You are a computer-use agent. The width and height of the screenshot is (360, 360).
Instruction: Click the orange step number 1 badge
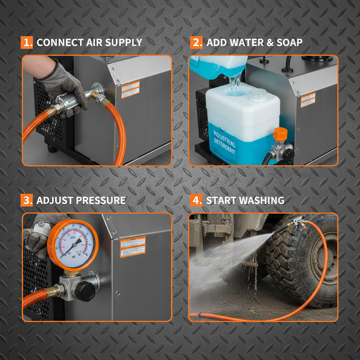click(x=27, y=43)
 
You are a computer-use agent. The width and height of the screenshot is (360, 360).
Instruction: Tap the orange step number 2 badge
click(x=196, y=43)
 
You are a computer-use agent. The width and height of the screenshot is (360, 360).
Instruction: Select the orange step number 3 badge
click(x=27, y=200)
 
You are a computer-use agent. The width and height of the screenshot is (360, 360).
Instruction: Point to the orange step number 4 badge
click(x=196, y=200)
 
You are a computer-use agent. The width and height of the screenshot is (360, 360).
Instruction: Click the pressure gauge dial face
click(x=72, y=245)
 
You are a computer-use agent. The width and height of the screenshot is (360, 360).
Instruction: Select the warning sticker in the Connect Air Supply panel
click(x=130, y=90)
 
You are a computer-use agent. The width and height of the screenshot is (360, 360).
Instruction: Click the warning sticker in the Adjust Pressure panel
click(x=133, y=246)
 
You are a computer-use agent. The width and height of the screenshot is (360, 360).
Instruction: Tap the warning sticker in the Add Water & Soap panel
click(x=308, y=100)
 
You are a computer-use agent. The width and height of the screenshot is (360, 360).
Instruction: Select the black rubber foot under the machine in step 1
click(x=52, y=149)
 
